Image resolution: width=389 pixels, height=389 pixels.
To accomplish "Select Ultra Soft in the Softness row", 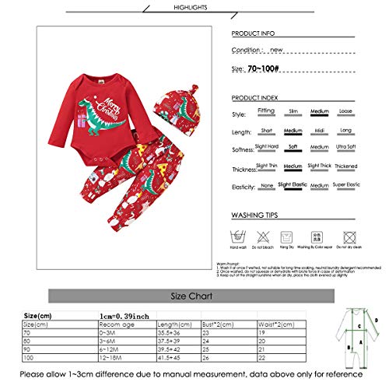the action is click(346, 149).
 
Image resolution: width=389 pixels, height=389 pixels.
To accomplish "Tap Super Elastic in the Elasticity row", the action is click(346, 185).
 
